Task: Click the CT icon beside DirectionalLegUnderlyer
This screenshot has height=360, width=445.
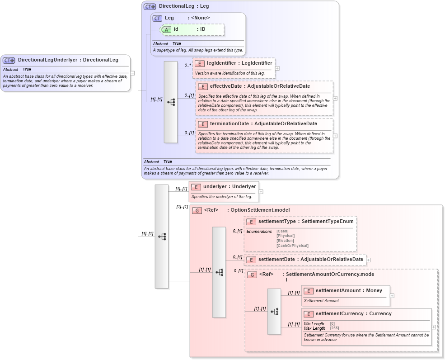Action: pyautogui.click(x=9, y=60)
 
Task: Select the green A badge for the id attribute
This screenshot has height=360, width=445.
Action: pyautogui.click(x=166, y=29)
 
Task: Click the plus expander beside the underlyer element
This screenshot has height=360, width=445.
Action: pyautogui.click(x=261, y=192)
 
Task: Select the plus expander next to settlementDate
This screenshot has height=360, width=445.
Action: pyautogui.click(x=368, y=260)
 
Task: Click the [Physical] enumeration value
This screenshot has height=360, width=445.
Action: pyautogui.click(x=286, y=236)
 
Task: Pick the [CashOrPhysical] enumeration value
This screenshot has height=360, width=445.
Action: pyautogui.click(x=292, y=246)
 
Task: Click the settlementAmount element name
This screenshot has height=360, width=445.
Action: pyautogui.click(x=338, y=290)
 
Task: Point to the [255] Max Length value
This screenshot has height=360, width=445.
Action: pyautogui.click(x=334, y=328)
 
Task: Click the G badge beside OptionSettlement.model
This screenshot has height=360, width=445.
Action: pyautogui.click(x=197, y=210)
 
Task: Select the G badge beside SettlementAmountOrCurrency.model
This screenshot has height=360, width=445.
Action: pyautogui.click(x=252, y=275)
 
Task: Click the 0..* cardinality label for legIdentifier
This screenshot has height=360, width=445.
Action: pyautogui.click(x=187, y=66)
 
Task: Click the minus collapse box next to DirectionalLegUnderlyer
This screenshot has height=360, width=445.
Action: pyautogui.click(x=132, y=73)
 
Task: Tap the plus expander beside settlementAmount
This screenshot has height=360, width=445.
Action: pyautogui.click(x=392, y=296)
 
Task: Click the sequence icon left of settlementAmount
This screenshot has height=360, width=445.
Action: pyautogui.click(x=274, y=312)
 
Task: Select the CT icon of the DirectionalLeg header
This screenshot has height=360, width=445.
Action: pyautogui.click(x=150, y=6)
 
